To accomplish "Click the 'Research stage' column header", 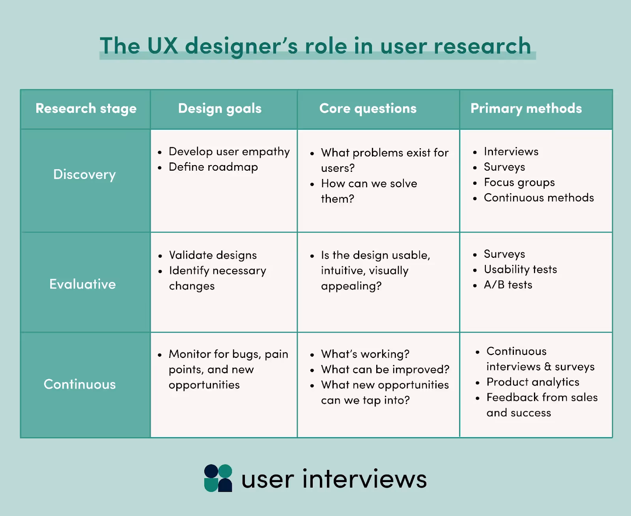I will tap(86, 108).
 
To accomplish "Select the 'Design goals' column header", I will tap(220, 108).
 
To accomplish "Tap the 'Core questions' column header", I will tap(368, 108).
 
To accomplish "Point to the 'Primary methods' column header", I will tap(526, 108).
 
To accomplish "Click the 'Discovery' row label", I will tap(84, 174).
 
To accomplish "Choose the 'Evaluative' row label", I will tap(82, 284).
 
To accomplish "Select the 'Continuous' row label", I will tap(80, 384).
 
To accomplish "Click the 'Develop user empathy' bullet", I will tap(229, 152).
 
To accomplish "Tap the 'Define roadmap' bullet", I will tap(213, 167).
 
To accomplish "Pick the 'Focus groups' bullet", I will tap(519, 183).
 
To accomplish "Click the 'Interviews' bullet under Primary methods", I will tap(511, 152).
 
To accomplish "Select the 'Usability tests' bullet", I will tap(520, 269).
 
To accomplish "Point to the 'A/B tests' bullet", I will tap(508, 285).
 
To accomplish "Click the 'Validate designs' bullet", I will tap(213, 255).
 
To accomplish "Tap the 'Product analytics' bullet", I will tap(533, 382).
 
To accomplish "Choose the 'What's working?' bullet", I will tap(365, 354).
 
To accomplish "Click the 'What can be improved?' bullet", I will tap(385, 369).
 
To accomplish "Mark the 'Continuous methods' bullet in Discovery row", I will tap(539, 198).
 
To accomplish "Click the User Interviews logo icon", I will tap(218, 478).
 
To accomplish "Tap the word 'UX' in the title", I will tap(162, 46).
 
